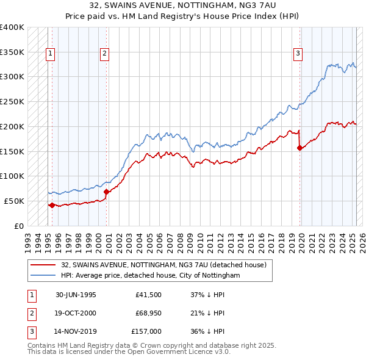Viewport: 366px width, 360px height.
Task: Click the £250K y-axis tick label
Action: coord(12,102)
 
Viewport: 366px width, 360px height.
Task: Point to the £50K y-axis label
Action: coord(14,201)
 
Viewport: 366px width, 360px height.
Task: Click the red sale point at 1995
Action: coord(52,205)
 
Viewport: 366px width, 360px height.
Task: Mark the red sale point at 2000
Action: coord(106,192)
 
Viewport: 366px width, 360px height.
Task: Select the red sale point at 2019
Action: coord(300,148)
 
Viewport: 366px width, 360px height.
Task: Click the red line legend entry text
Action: coord(163,265)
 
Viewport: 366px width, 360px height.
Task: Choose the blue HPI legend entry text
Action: coord(151,276)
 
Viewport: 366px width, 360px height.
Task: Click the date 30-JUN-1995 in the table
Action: coord(76,295)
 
